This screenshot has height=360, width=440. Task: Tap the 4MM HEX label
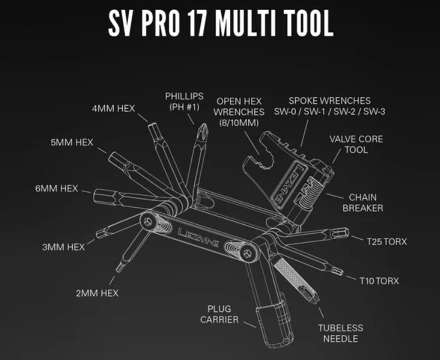click(x=114, y=108)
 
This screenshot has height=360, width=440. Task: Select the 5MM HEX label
click(x=72, y=142)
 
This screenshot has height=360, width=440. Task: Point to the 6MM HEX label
click(x=56, y=188)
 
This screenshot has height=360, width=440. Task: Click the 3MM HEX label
click(x=63, y=247)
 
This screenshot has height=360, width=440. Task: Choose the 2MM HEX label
click(x=97, y=293)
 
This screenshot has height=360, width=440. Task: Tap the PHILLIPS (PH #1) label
click(x=184, y=102)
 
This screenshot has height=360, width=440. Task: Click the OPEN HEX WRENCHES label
click(x=239, y=112)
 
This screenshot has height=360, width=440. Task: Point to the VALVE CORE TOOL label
click(x=356, y=144)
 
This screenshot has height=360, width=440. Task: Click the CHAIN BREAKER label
click(x=363, y=202)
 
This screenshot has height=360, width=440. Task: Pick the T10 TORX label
click(x=379, y=281)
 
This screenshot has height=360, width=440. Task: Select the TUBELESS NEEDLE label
click(x=341, y=333)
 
